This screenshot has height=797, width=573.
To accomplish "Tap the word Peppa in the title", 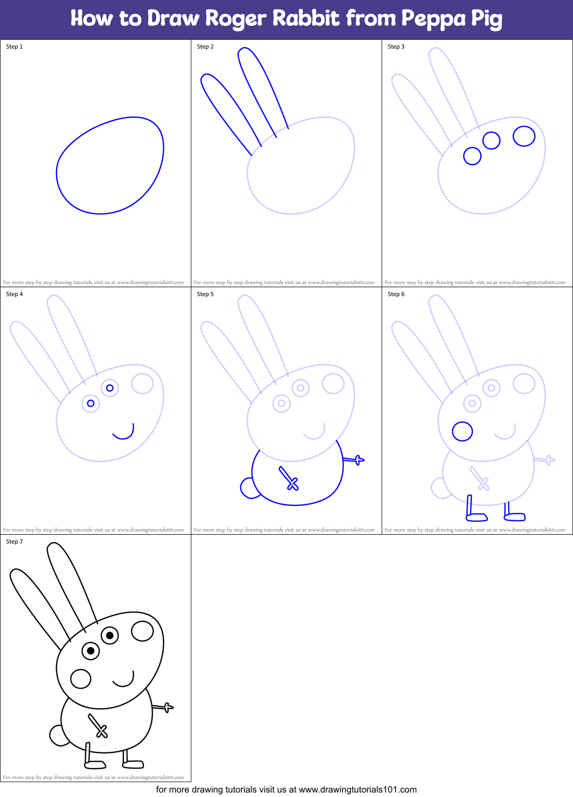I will (433, 19).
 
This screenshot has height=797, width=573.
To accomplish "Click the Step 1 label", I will (14, 47).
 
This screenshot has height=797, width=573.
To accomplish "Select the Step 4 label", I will (14, 294).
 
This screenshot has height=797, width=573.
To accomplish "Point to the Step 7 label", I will (14, 542).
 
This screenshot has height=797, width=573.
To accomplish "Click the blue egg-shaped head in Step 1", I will (110, 166).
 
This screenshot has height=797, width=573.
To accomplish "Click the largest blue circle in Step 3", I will (524, 136).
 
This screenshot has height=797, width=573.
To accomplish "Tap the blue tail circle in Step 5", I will (247, 488).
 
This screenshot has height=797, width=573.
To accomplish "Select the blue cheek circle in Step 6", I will (462, 431).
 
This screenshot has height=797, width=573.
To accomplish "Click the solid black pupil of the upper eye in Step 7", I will (110, 635).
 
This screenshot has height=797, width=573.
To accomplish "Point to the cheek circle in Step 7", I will (81, 679).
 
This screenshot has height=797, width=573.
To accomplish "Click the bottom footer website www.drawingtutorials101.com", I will (357, 790).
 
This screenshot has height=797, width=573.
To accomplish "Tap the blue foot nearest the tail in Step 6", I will (476, 517).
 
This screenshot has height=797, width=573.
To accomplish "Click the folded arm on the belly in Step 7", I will (98, 726).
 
